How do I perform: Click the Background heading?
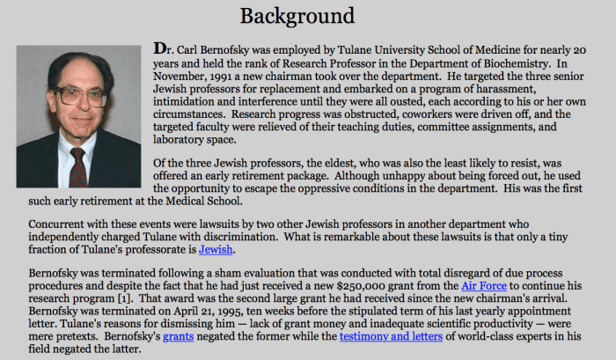click(297, 16)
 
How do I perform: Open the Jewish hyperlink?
click(216, 249)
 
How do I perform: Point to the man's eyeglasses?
click(81, 94)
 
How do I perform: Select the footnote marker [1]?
click(158, 298)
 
